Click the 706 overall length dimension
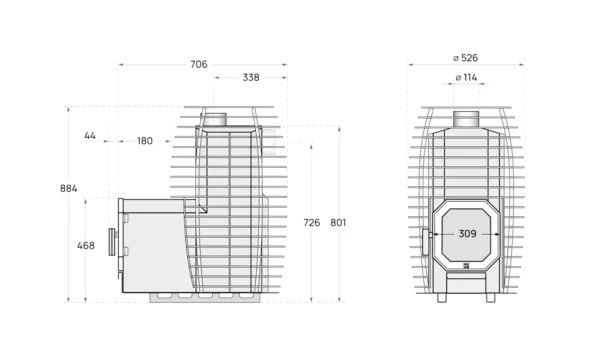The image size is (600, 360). (199, 64)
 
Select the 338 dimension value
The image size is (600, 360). (251, 78)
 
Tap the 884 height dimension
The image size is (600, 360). (68, 188)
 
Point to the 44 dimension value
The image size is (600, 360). (90, 136)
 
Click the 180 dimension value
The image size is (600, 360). (145, 141)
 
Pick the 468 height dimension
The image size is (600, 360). (86, 246)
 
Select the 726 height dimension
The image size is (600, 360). (311, 223)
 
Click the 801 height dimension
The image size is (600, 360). (338, 223)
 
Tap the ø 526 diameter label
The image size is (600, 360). (466, 58)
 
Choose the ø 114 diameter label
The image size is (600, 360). (466, 78)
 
